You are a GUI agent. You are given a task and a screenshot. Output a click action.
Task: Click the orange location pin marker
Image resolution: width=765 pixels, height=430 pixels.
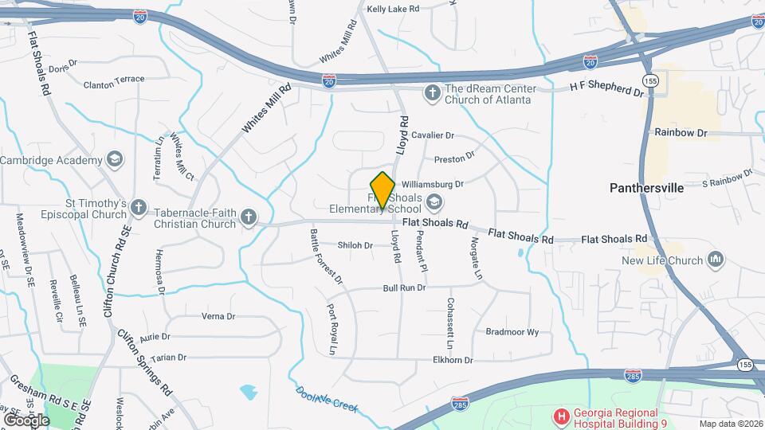click(383, 190)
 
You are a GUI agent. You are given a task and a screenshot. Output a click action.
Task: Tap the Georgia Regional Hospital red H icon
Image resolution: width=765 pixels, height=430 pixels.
click(562, 415)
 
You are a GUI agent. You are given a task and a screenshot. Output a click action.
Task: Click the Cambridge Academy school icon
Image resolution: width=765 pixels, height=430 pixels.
click(115, 160)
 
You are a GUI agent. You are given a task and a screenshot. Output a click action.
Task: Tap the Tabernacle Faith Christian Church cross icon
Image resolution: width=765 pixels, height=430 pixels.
click(249, 217)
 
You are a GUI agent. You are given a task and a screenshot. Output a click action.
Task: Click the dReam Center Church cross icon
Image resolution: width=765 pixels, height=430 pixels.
click(433, 94)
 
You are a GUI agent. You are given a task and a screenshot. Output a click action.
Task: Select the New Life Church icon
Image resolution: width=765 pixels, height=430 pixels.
click(716, 260)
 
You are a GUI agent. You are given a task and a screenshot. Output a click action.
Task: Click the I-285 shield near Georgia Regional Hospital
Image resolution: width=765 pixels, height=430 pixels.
click(459, 404)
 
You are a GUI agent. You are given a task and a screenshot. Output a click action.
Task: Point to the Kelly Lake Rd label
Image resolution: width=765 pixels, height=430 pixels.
click(393, 9)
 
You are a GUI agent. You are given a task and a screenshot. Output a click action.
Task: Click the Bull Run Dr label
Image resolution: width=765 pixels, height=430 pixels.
click(404, 287)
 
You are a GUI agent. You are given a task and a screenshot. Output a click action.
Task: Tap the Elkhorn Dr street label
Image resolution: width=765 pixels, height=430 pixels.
click(453, 360)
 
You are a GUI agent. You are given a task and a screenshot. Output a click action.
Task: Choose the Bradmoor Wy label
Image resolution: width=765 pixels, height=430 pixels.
click(512, 331)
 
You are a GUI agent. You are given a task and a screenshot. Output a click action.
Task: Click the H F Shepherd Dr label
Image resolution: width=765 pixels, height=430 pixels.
click(606, 92)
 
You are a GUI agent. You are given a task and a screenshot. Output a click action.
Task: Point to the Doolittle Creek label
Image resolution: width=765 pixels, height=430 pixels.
click(327, 398)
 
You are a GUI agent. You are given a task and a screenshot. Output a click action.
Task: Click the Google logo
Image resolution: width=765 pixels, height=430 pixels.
click(26, 419)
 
